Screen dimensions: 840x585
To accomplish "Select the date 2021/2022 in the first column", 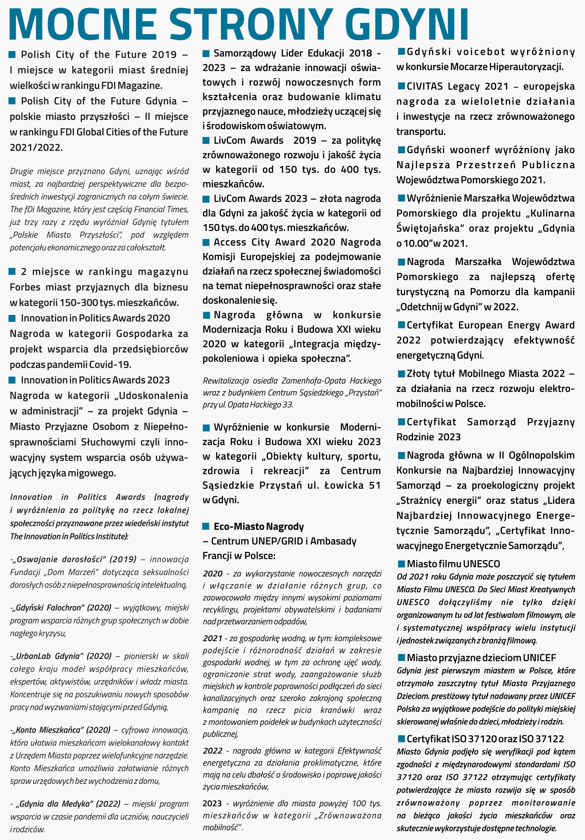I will point(36,147).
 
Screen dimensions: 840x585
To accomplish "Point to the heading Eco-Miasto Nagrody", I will point(259,527).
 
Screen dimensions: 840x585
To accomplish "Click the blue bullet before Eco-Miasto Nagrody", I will point(206,527).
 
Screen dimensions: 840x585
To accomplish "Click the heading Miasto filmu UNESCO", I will point(453,564).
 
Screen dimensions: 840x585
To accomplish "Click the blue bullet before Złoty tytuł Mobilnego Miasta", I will point(402,374).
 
